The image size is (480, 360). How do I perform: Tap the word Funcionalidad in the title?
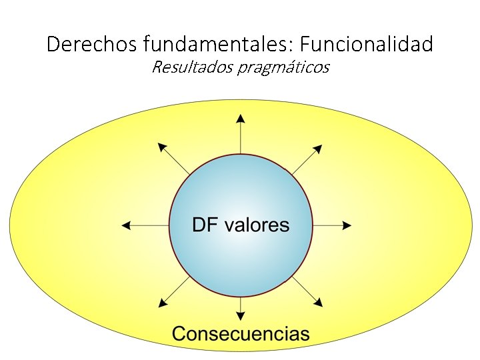click(366, 45)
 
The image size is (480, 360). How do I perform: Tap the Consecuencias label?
click(241, 333)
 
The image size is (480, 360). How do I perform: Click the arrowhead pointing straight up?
click(241, 119)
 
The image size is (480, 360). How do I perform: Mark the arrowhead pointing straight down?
click(241, 311)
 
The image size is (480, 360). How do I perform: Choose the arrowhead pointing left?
click(126, 226)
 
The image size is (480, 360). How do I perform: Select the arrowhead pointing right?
click(347, 226)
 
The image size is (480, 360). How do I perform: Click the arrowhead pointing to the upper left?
click(161, 147)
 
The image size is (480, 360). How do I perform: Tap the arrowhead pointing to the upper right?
click(318, 148)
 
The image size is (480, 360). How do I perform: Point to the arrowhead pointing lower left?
click(162, 303)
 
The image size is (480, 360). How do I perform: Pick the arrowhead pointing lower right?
click(319, 303)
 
